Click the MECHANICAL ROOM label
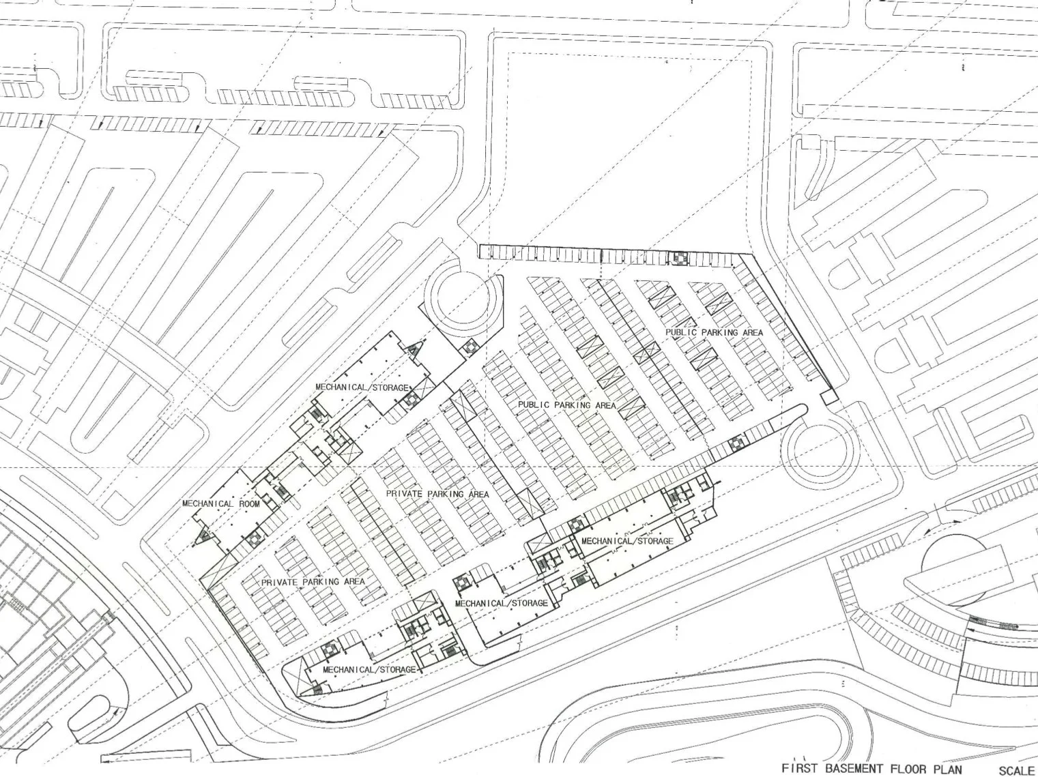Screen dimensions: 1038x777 221,504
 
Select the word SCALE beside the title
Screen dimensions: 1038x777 1018,770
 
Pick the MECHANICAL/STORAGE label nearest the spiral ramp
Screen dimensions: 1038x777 361,387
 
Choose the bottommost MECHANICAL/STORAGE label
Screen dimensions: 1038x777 369,670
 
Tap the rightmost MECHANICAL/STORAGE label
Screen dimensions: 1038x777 627,541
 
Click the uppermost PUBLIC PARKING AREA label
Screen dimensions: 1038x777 714,332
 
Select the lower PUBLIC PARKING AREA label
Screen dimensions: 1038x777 567,405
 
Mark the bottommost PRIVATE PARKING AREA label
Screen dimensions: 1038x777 313,582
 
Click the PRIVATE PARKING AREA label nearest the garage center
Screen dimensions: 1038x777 437,494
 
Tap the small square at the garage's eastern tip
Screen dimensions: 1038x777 828,396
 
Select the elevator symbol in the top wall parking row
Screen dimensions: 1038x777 678,258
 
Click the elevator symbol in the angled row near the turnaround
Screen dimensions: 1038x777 736,443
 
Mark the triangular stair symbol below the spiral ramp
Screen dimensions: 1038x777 414,350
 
